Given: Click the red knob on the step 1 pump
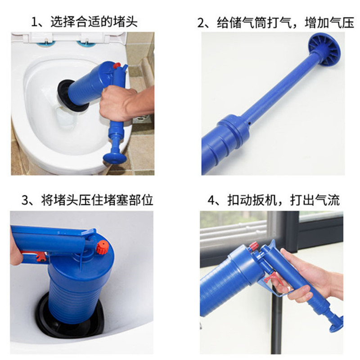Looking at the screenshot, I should [x=117, y=66].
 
